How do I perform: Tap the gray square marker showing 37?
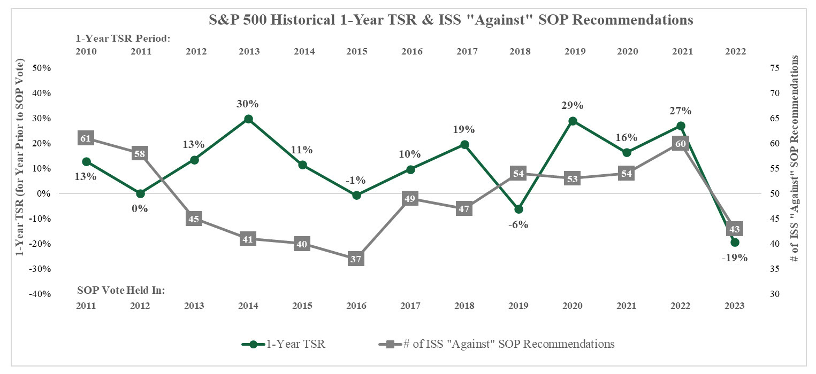pyautogui.click(x=357, y=259)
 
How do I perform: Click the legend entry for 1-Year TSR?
pyautogui.click(x=284, y=344)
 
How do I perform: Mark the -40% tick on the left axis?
pyautogui.click(x=41, y=294)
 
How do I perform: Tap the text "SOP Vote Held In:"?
pyautogui.click(x=121, y=290)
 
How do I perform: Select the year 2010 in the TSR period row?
pyautogui.click(x=86, y=52)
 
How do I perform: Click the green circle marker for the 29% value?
pyautogui.click(x=573, y=121)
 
